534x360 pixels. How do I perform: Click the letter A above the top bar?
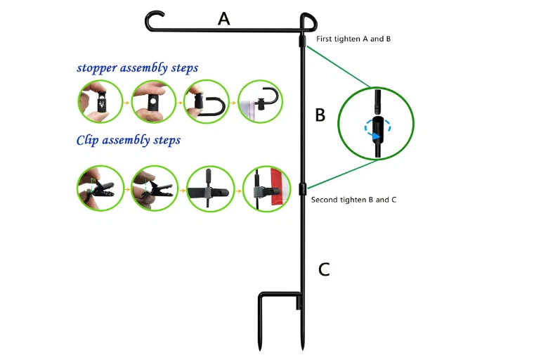223,18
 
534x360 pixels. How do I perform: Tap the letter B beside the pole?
320,115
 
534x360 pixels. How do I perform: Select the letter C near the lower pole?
323,269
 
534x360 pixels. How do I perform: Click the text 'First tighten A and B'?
353,39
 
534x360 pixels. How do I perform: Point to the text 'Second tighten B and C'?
353,200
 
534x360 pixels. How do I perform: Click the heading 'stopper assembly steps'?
137,68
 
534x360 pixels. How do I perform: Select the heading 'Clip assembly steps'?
128,141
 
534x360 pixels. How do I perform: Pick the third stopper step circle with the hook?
205,102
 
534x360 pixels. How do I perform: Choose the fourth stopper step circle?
261,102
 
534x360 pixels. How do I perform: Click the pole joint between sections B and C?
302,188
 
